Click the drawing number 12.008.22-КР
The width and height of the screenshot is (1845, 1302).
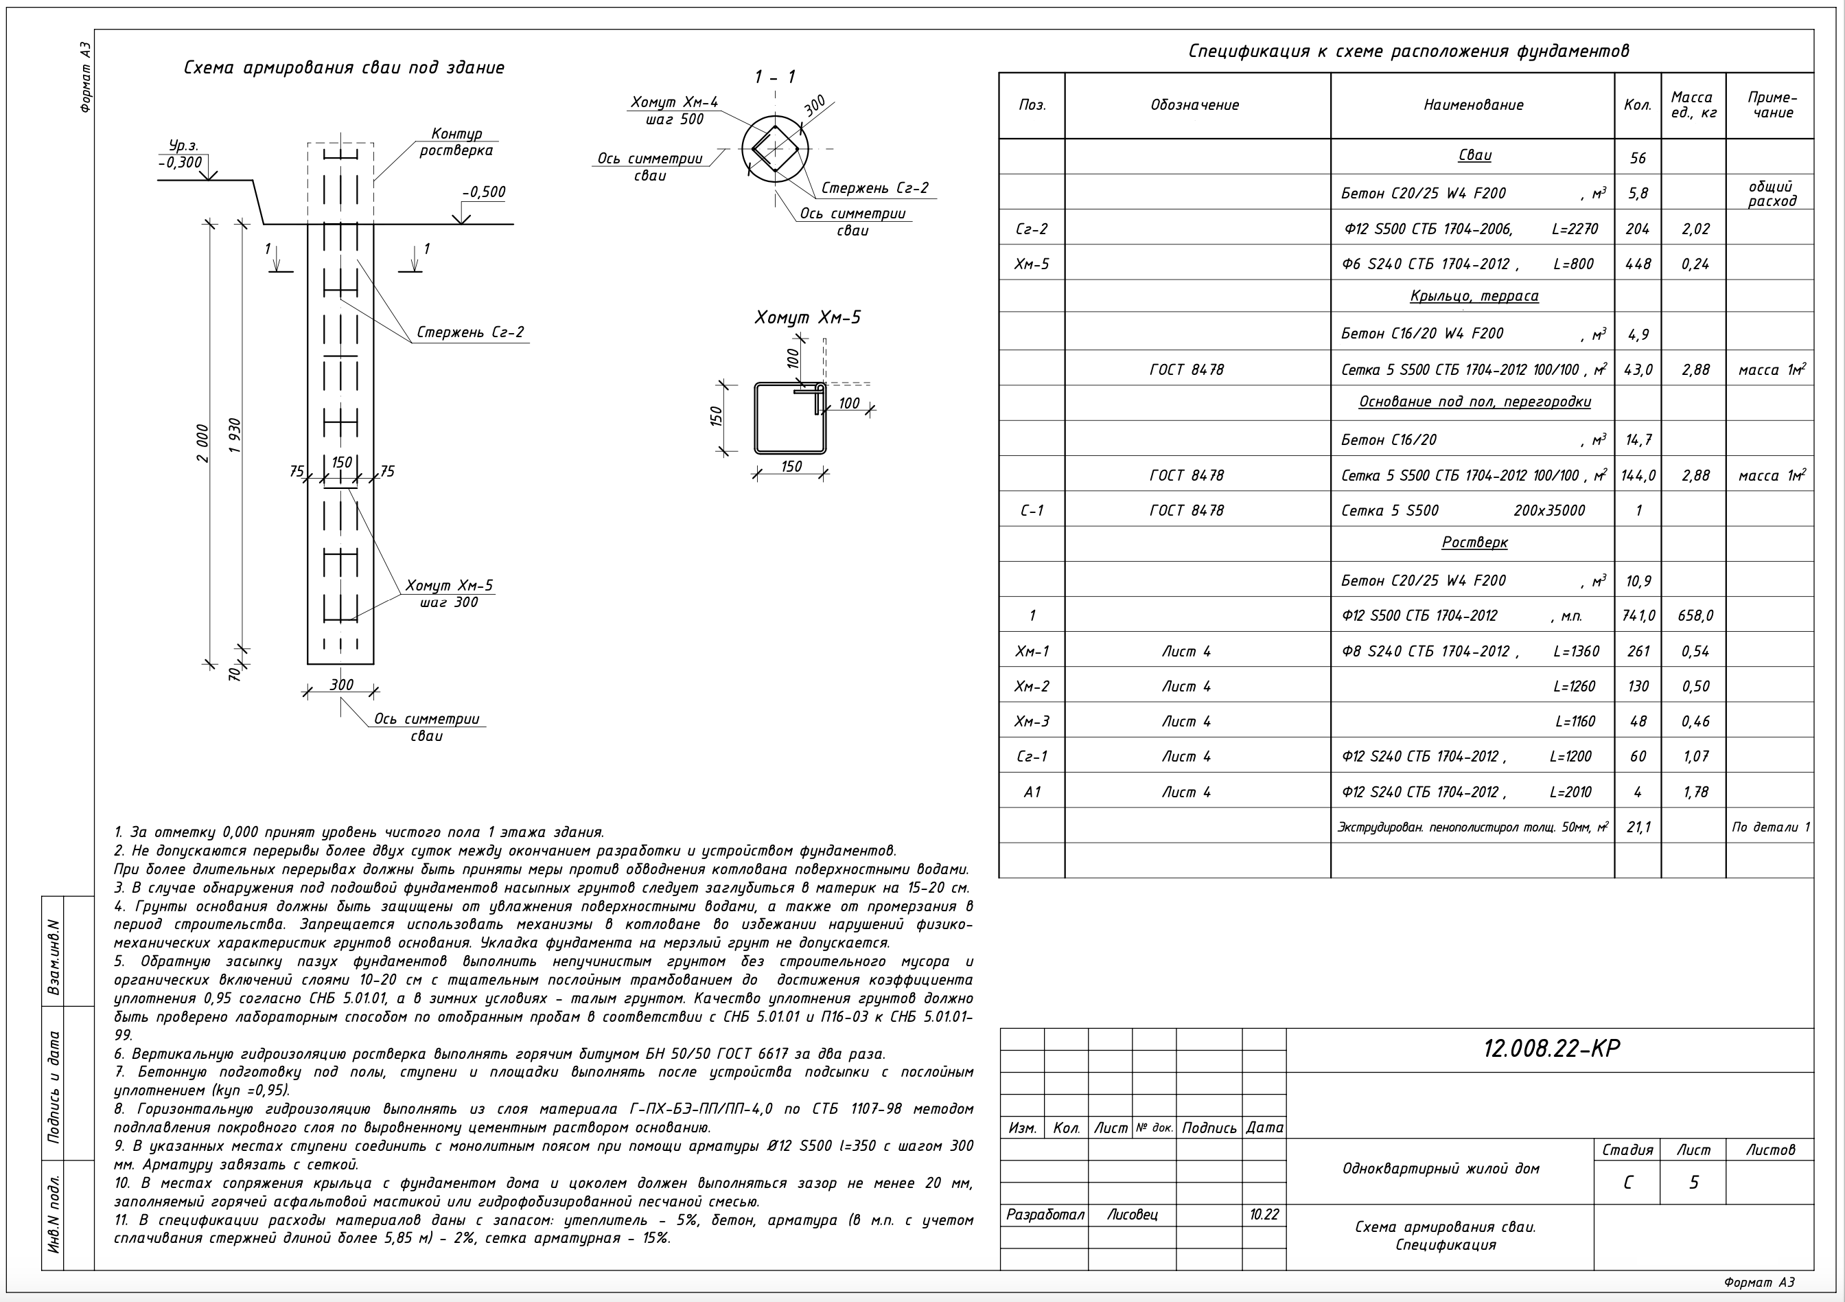click(x=1551, y=1049)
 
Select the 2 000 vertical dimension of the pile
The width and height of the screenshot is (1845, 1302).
click(x=202, y=444)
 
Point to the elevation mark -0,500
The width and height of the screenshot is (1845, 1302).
click(x=484, y=192)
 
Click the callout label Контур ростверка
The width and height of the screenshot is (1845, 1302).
click(x=456, y=142)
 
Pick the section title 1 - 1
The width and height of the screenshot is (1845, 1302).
click(x=775, y=77)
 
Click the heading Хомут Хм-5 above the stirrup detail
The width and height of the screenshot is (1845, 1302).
click(x=807, y=317)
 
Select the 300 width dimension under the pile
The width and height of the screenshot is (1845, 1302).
click(x=342, y=685)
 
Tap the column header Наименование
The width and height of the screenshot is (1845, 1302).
click(x=1473, y=105)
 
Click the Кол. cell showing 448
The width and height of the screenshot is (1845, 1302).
click(x=1637, y=264)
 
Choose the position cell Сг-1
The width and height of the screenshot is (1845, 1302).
click(x=1032, y=756)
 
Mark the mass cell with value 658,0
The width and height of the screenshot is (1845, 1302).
click(x=1695, y=616)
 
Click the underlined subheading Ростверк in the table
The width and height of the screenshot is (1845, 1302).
click(x=1474, y=542)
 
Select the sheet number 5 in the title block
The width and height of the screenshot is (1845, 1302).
click(x=1693, y=1183)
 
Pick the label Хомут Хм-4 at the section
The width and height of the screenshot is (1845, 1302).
click(x=673, y=103)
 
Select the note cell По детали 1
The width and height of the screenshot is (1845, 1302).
click(x=1771, y=827)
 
